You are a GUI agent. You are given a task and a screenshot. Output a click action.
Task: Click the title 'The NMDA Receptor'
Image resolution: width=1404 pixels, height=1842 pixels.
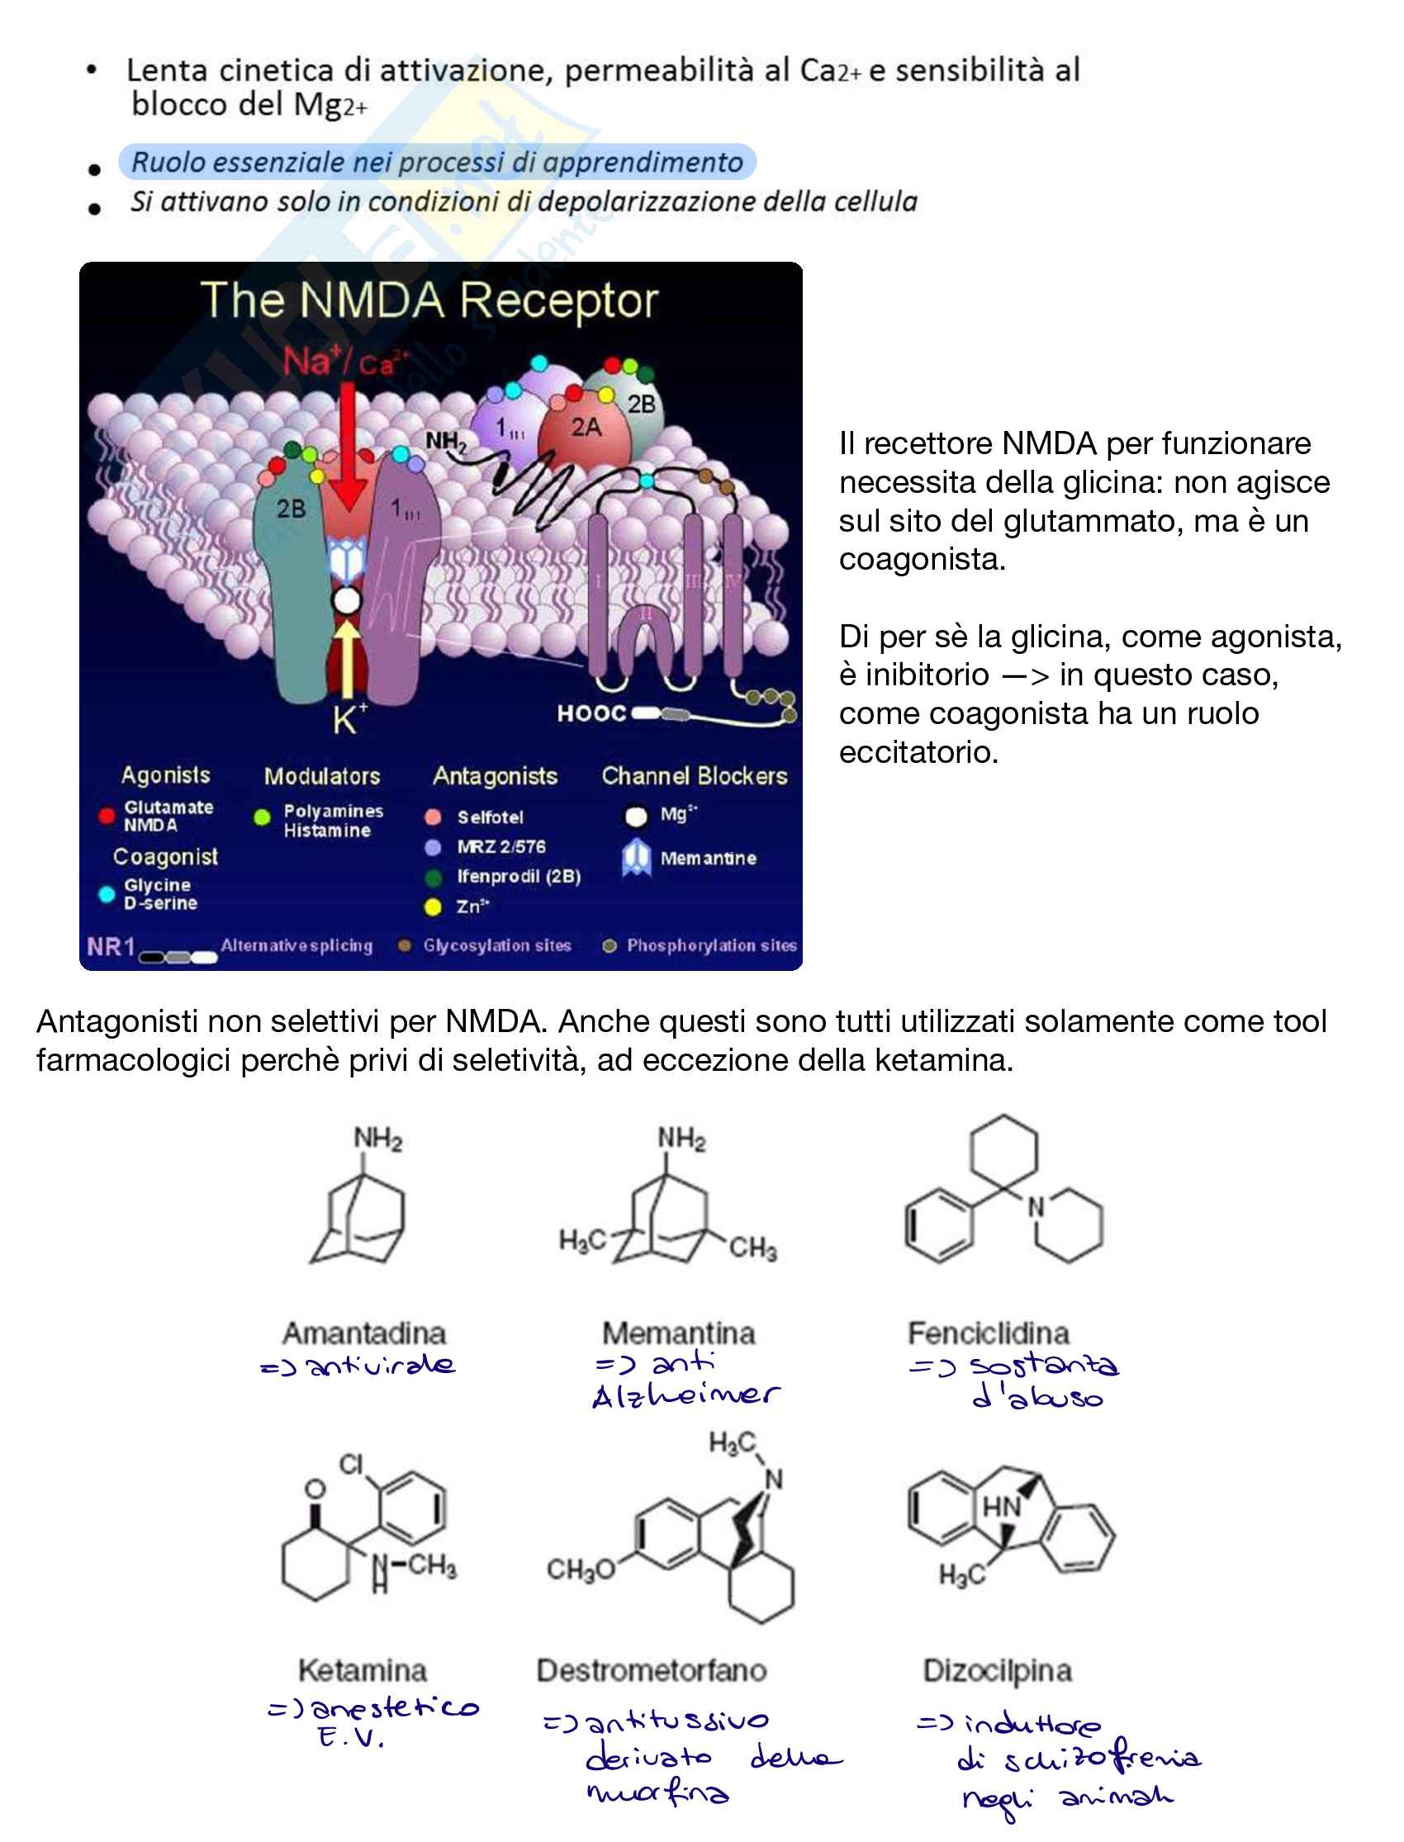click(429, 301)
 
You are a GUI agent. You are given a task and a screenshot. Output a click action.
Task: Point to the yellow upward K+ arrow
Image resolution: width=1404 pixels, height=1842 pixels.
click(346, 660)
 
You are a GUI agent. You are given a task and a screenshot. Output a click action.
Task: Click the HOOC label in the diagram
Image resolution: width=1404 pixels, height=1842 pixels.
click(591, 713)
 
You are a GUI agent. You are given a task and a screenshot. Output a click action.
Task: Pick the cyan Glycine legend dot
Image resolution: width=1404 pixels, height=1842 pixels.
click(107, 894)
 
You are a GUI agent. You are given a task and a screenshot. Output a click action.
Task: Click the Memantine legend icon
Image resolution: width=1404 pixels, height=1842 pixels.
click(636, 858)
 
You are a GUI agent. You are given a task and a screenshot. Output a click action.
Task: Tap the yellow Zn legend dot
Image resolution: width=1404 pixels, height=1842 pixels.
click(433, 907)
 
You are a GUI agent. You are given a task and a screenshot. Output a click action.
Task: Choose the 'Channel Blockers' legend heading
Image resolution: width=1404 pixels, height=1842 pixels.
click(694, 776)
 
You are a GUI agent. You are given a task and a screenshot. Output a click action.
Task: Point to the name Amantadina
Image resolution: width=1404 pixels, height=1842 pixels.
click(364, 1333)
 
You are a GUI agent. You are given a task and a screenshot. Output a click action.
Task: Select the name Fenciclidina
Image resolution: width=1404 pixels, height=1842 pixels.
click(989, 1333)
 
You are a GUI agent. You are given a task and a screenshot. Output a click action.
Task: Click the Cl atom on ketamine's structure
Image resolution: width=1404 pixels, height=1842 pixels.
click(351, 1465)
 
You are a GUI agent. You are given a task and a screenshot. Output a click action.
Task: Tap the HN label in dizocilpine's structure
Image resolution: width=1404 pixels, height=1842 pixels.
click(1001, 1506)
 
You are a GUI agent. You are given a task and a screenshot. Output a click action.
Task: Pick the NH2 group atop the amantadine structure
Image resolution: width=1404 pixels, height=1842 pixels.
click(377, 1138)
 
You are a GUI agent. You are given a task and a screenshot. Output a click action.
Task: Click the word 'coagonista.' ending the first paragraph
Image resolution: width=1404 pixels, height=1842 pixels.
click(922, 559)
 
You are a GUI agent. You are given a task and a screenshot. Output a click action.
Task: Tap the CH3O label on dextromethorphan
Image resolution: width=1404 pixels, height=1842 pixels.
click(580, 1570)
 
